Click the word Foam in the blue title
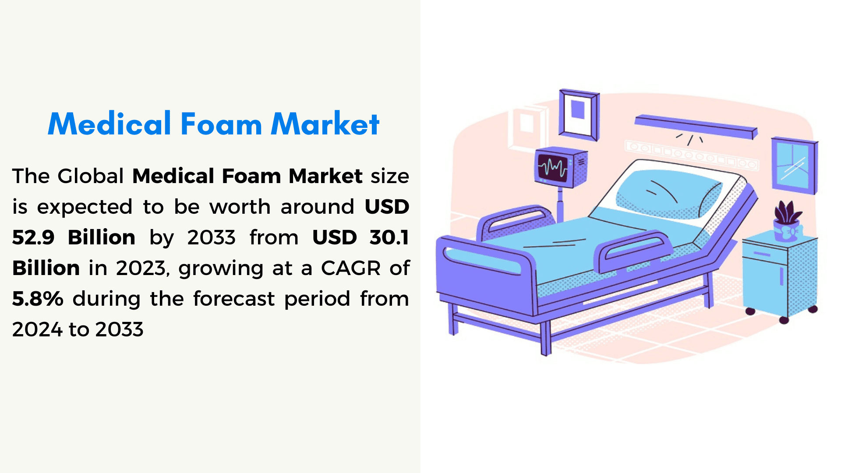(x=221, y=124)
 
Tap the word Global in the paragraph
(x=91, y=176)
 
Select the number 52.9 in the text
(x=33, y=237)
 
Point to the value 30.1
(x=389, y=237)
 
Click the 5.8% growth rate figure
(x=38, y=299)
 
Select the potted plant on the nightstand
(x=788, y=222)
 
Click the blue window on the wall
(x=794, y=166)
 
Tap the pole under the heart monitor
(x=560, y=204)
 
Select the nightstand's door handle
(x=781, y=276)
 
